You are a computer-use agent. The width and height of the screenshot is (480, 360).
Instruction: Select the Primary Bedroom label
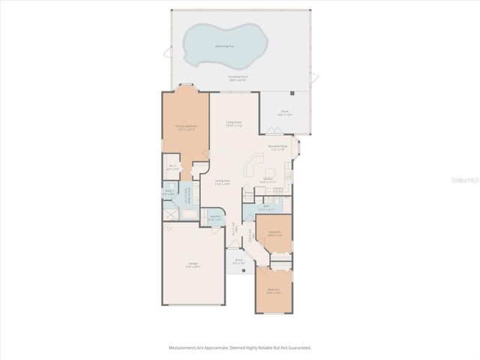click(x=186, y=127)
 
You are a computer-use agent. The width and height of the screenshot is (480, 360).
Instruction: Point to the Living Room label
click(x=234, y=123)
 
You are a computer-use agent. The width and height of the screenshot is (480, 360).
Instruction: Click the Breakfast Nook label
click(x=278, y=148)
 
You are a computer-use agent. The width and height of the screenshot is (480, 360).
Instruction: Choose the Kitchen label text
click(x=268, y=179)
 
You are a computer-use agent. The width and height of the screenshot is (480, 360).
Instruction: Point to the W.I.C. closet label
click(x=172, y=167)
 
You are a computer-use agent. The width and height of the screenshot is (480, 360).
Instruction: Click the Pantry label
click(x=248, y=194)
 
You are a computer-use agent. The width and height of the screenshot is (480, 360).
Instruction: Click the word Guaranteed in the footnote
click(x=298, y=347)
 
